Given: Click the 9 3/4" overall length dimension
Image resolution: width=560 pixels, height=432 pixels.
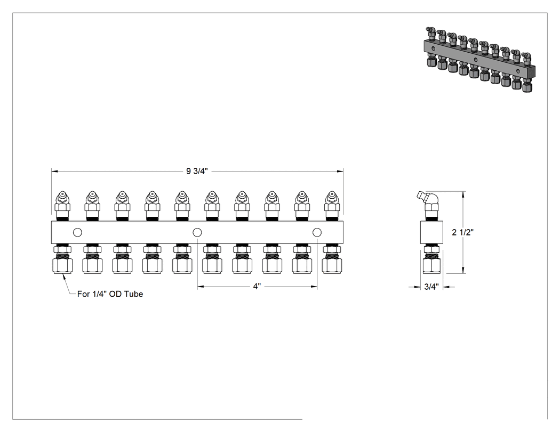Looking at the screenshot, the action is pyautogui.click(x=197, y=171).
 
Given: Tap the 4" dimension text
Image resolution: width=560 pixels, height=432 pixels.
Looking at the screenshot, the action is pyautogui.click(x=257, y=287).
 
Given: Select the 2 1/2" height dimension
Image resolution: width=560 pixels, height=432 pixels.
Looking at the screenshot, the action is pyautogui.click(x=462, y=232).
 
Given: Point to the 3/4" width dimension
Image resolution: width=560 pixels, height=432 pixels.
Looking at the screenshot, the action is pyautogui.click(x=431, y=287).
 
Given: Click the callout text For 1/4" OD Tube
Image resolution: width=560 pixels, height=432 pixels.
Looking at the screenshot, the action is pyautogui.click(x=110, y=294).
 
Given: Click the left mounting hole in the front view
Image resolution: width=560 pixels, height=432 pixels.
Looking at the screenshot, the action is pyautogui.click(x=77, y=233).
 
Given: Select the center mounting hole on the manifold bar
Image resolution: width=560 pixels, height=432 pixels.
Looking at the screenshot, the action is pyautogui.click(x=197, y=233).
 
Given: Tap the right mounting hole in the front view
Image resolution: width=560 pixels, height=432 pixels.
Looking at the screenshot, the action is pyautogui.click(x=317, y=233).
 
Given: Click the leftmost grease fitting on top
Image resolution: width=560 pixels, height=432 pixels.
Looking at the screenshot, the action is pyautogui.click(x=62, y=206).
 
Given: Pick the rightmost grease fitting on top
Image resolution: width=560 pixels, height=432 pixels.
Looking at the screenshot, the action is pyautogui.click(x=332, y=206).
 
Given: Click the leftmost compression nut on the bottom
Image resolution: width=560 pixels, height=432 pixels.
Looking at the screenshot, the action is pyautogui.click(x=62, y=259).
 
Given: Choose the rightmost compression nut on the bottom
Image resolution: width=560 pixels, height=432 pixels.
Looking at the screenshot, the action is pyautogui.click(x=332, y=259).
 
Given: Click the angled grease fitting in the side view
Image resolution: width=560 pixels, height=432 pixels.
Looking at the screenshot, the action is pyautogui.click(x=429, y=205).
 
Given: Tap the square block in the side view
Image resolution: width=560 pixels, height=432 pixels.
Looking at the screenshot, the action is pyautogui.click(x=431, y=233).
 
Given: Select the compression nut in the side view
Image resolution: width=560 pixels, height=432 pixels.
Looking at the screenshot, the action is pyautogui.click(x=433, y=259).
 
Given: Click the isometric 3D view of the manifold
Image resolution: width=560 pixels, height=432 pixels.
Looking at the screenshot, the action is pyautogui.click(x=479, y=59).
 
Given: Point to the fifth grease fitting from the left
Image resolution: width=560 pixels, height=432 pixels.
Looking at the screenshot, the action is pyautogui.click(x=182, y=206).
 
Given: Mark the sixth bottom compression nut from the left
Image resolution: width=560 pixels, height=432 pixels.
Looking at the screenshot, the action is pyautogui.click(x=212, y=259).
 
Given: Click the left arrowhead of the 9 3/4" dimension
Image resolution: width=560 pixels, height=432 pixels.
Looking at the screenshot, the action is pyautogui.click(x=54, y=171).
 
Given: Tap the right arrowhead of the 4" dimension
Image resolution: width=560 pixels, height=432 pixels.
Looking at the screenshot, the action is pyautogui.click(x=314, y=287).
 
